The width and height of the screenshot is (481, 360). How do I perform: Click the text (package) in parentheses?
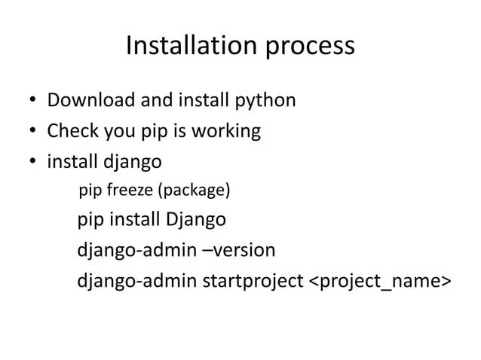point(192,191)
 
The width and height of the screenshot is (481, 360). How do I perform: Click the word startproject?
point(251,281)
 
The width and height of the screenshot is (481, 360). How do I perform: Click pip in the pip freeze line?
point(90,191)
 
